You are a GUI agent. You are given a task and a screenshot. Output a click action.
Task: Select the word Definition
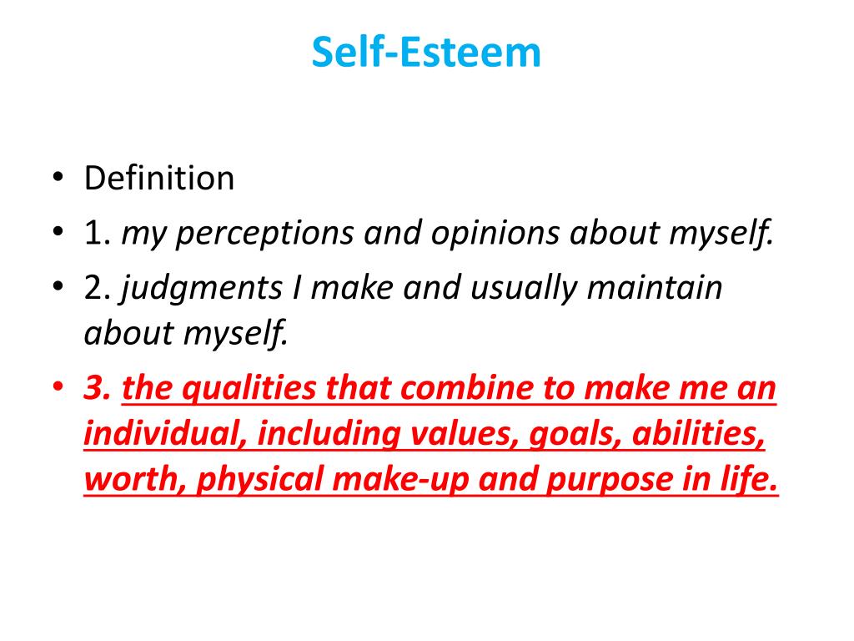coord(158,179)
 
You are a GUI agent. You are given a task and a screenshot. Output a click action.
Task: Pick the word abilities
coord(700,435)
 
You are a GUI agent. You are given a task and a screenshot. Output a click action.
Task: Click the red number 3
coord(98,390)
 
